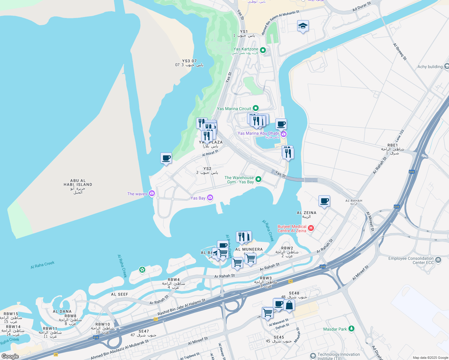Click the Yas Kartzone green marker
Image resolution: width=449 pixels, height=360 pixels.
point(263,50)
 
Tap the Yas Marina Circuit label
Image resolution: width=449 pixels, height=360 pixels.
point(234,109)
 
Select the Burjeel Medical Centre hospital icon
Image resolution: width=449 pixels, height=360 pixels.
point(311,228)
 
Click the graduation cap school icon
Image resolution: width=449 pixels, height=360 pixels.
point(303,26)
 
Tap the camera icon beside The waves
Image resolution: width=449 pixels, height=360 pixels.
point(152,193)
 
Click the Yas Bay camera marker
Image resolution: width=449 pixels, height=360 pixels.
point(210,197)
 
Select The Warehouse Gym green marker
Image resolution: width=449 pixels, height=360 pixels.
point(258,179)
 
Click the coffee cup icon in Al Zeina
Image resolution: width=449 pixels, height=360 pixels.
point(324,201)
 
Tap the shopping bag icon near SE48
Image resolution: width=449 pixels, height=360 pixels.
point(289,305)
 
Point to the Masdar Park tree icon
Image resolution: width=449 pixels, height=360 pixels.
point(351,329)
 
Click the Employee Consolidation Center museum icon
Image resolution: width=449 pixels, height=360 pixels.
point(438,260)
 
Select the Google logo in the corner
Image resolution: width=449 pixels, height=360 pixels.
point(10,356)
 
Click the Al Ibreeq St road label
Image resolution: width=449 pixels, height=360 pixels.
point(400,52)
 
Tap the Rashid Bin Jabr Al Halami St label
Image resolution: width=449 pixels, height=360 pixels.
point(182,307)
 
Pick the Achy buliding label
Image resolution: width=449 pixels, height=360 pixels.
point(430,67)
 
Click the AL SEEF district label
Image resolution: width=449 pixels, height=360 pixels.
point(119,294)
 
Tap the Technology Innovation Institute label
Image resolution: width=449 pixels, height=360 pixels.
point(339,356)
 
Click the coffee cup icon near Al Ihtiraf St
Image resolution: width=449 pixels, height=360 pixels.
point(166,158)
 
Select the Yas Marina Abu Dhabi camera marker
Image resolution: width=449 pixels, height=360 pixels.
point(284,133)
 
